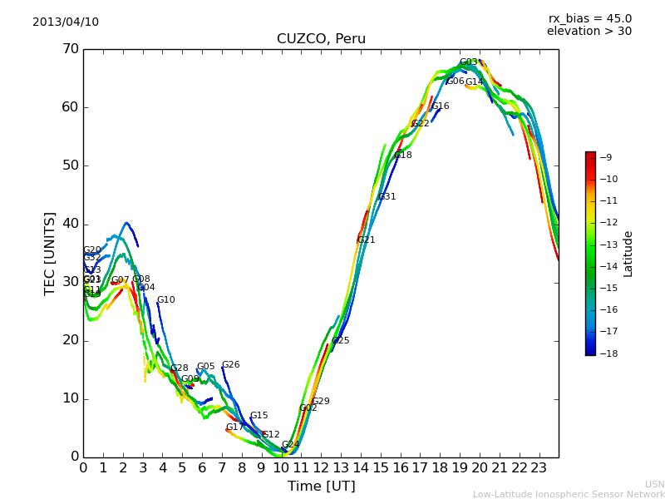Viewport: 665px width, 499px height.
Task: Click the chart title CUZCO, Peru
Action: (321, 39)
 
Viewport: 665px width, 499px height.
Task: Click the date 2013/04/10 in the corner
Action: (66, 22)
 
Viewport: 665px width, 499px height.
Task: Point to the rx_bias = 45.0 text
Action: (589, 18)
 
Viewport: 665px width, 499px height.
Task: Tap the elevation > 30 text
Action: (589, 32)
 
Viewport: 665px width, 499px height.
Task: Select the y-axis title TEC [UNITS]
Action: (50, 253)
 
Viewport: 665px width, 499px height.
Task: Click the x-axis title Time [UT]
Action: (321, 487)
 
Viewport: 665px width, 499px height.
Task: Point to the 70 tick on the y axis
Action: (70, 49)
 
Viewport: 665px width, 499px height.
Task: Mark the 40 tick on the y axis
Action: (70, 224)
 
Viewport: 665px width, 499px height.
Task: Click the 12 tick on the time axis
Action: (321, 467)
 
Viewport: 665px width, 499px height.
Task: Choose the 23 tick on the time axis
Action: (539, 467)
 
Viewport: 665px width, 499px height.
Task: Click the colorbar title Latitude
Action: (628, 254)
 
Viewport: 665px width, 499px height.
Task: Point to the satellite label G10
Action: (166, 300)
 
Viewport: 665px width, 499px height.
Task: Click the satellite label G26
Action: (231, 365)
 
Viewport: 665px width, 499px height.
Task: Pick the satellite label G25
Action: (341, 341)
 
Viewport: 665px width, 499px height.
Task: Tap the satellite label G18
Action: (403, 156)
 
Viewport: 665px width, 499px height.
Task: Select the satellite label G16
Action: (441, 106)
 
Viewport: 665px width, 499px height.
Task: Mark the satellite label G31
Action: (387, 197)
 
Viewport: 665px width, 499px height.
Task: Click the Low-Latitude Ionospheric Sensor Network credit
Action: (569, 494)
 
